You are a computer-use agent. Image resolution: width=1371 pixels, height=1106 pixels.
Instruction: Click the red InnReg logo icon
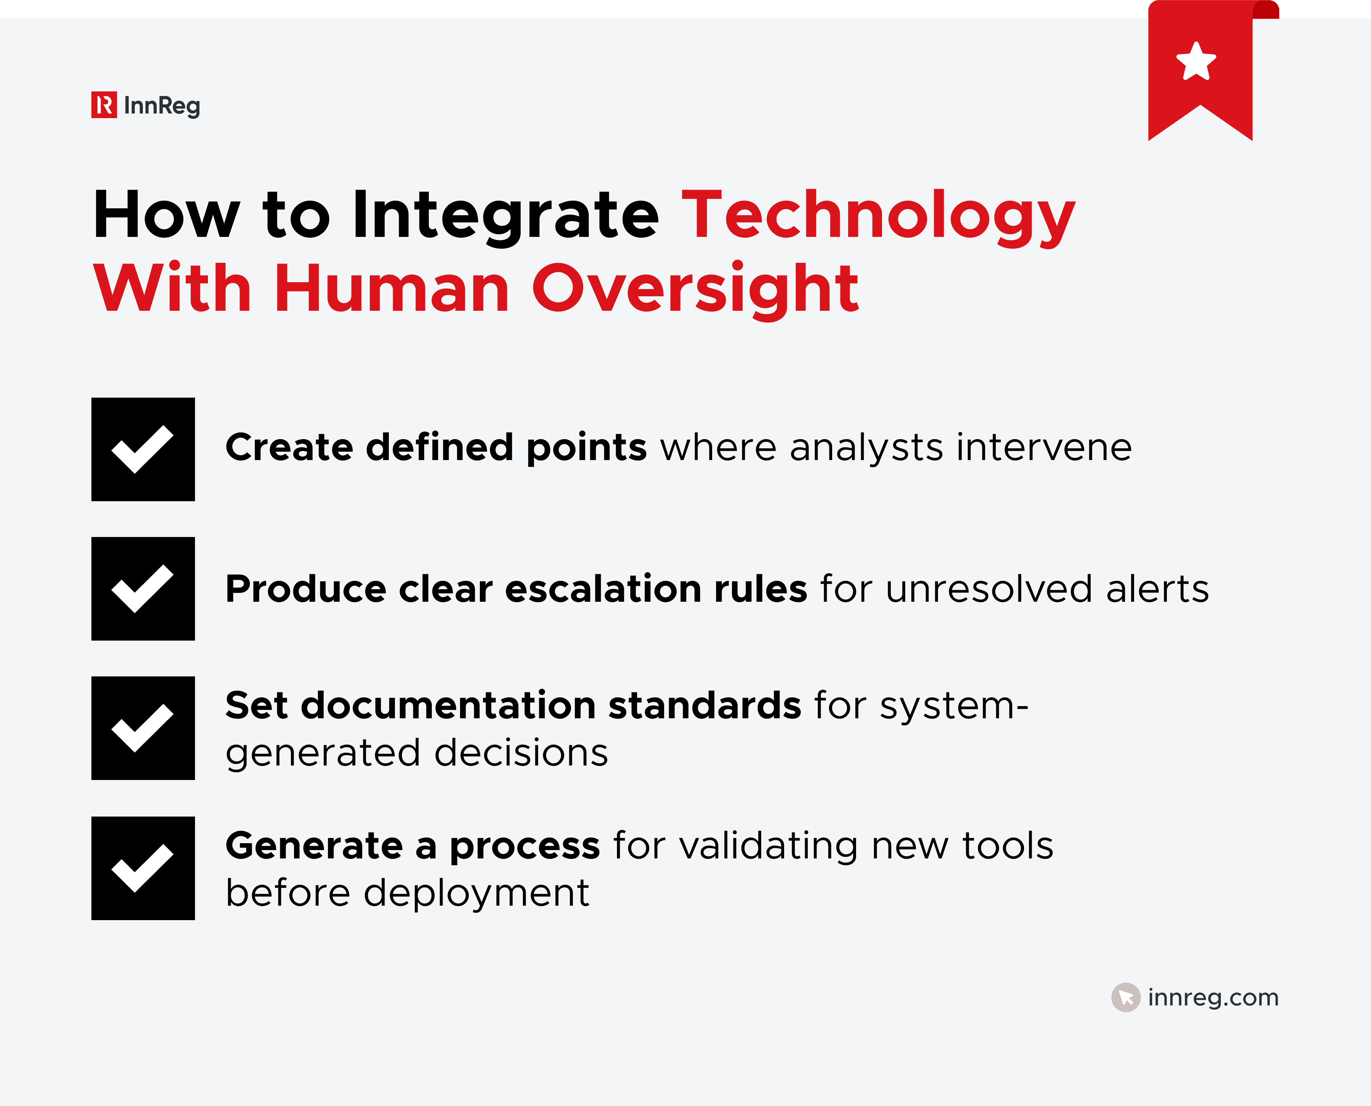pyautogui.click(x=104, y=105)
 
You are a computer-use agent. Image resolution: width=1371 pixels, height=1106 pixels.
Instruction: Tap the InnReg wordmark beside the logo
pyautogui.click(x=162, y=106)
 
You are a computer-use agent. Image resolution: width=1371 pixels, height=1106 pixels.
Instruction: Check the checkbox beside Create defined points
pyautogui.click(x=143, y=449)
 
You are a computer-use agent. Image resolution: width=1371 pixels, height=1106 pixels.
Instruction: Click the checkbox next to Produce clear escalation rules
pyautogui.click(x=143, y=589)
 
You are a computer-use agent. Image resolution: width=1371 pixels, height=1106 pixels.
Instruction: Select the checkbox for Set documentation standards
pyautogui.click(x=143, y=728)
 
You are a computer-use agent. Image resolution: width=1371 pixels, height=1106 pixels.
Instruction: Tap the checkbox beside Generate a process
pyautogui.click(x=143, y=868)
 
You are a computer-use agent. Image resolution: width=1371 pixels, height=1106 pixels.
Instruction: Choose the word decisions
pyautogui.click(x=521, y=753)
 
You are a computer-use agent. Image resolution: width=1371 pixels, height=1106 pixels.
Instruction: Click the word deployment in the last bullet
pyautogui.click(x=476, y=893)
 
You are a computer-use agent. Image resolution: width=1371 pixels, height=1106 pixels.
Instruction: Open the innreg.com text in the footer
pyautogui.click(x=1213, y=997)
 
